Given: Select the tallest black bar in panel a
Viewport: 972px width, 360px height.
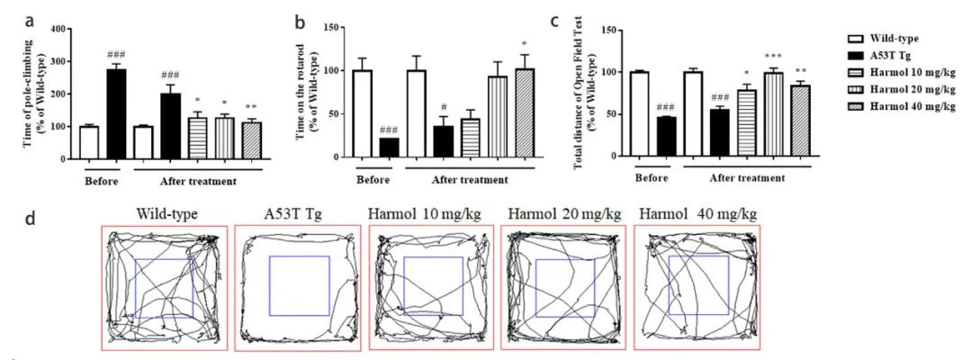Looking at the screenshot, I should (116, 113).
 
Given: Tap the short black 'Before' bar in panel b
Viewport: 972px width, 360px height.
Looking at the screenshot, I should (364, 148).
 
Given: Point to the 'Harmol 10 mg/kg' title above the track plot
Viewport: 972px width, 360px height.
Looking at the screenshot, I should (430, 214).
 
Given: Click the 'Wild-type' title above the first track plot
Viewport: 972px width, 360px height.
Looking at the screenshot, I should (167, 214).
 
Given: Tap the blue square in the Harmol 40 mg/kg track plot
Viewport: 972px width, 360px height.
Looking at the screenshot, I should (698, 284).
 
